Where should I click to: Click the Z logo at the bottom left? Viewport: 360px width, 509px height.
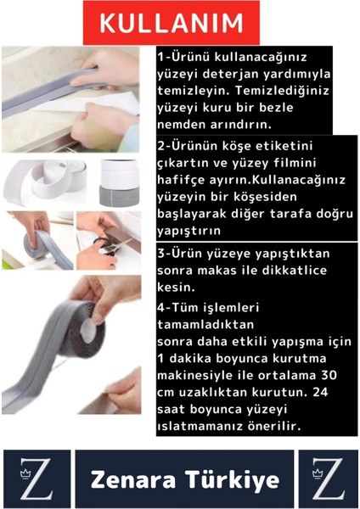tap(36, 479)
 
